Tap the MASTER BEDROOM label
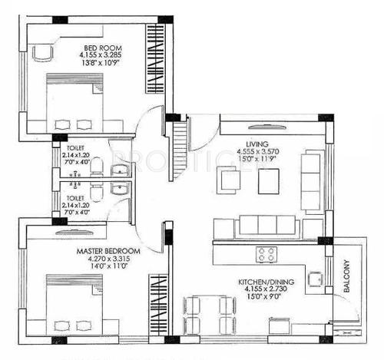coord(108,251)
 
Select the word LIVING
coord(257,142)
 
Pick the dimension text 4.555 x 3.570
coord(257,151)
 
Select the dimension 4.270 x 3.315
coord(107,259)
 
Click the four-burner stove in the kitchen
coord(266,255)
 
